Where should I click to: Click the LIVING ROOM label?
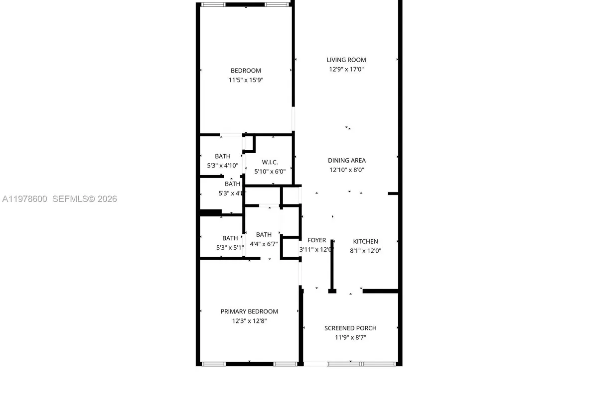point(346,60)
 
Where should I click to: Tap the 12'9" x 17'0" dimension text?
point(346,70)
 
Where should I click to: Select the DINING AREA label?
point(347,161)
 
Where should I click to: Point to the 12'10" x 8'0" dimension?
point(347,170)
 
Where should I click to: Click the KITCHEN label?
point(366,242)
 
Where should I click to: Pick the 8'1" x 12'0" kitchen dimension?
point(366,251)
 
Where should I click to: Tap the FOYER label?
point(316,240)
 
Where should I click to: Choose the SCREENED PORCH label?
point(350,328)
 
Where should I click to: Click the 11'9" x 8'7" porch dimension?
point(350,338)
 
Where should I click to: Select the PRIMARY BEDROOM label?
point(249,312)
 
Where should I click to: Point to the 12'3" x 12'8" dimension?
point(249,321)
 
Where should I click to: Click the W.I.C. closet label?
point(270,163)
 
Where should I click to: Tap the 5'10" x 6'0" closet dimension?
point(270,172)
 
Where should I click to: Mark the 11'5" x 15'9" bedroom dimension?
point(246,80)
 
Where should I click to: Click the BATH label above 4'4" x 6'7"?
point(264,235)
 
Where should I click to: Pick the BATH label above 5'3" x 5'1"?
point(230,238)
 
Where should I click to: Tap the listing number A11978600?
point(25,199)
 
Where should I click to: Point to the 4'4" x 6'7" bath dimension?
point(264,244)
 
